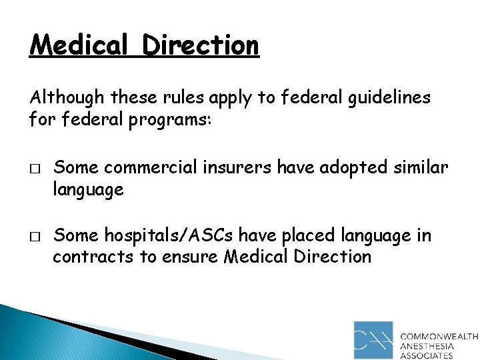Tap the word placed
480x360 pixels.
309,236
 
